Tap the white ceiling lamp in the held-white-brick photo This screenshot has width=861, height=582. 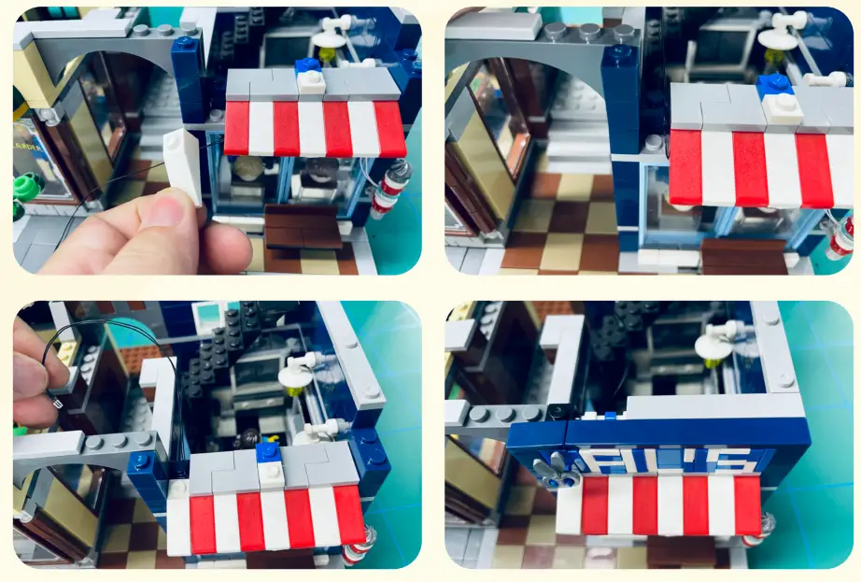click(329, 37)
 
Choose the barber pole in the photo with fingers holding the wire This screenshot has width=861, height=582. click(358, 545)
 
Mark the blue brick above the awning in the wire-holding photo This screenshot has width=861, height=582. click(269, 451)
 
